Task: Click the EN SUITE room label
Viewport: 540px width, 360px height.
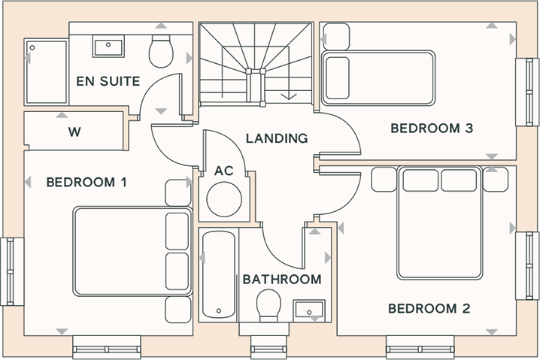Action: (108, 81)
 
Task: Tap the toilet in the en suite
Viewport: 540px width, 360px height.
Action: (161, 51)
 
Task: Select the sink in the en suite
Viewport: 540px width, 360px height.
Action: (108, 46)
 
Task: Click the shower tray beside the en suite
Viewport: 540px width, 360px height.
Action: (47, 72)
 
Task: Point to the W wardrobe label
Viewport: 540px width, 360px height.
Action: (74, 132)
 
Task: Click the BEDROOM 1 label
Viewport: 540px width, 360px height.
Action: (86, 182)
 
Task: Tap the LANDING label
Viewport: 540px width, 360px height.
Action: (277, 138)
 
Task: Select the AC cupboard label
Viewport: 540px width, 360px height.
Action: (224, 171)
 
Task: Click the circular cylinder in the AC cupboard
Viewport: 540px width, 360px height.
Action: (224, 199)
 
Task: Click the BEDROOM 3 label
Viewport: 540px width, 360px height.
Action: (432, 129)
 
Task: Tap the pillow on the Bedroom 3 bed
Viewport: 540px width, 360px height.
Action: (338, 78)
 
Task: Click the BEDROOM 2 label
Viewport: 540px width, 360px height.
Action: (429, 309)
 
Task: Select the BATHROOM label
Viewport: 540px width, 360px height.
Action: (282, 280)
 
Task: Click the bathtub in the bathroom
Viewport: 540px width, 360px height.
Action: (219, 274)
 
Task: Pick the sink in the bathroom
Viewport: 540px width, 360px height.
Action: (309, 309)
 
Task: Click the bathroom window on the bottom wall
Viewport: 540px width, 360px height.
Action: (268, 347)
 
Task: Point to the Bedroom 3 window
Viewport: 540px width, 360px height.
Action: (527, 92)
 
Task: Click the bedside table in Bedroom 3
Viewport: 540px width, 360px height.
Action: (337, 37)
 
